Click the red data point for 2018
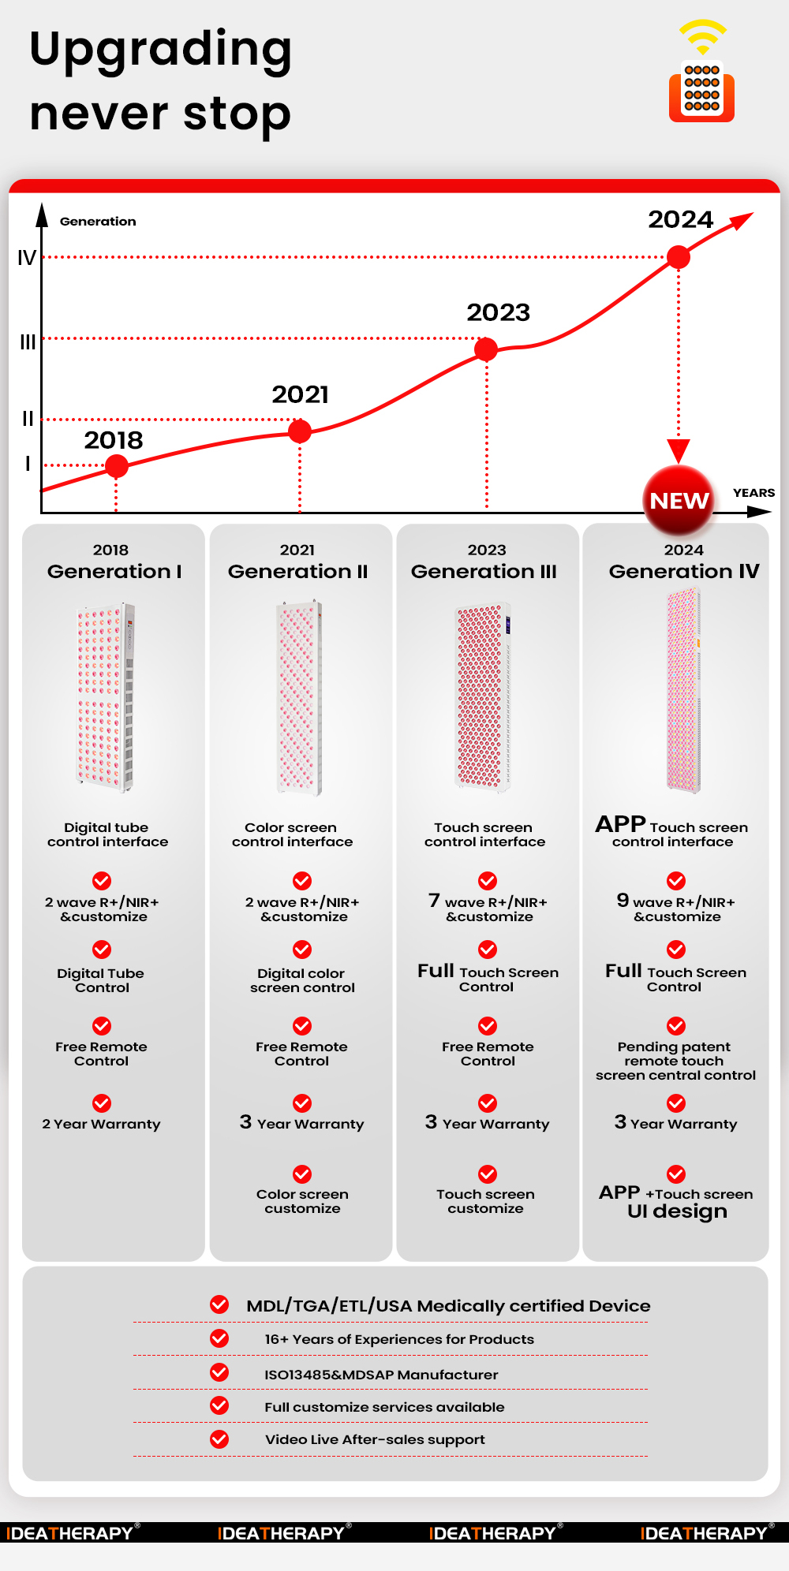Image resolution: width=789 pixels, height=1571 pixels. click(x=117, y=466)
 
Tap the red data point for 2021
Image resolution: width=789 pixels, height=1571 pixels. click(x=300, y=431)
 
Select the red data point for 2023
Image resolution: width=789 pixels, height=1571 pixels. click(x=486, y=349)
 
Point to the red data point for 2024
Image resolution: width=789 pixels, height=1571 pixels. click(x=679, y=256)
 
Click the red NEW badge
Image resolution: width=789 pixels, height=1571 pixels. click(x=679, y=500)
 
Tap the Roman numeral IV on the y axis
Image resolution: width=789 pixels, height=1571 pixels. click(x=27, y=258)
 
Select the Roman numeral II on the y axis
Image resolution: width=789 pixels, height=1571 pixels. click(x=28, y=419)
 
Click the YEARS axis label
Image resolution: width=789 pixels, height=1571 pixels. click(x=753, y=493)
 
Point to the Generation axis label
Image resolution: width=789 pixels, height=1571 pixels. click(x=98, y=222)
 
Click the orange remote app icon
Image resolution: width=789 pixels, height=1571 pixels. click(x=701, y=91)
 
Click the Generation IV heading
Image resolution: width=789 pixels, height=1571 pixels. click(x=684, y=571)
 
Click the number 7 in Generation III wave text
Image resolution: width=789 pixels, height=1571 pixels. click(x=434, y=900)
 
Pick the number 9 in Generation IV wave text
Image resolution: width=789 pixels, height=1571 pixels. click(x=623, y=900)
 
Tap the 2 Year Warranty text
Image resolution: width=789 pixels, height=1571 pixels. click(x=101, y=1124)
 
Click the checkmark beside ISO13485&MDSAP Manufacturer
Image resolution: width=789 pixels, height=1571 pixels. click(x=219, y=1372)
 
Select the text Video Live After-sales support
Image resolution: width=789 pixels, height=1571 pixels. click(x=375, y=1439)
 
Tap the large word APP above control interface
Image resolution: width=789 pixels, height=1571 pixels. click(x=621, y=824)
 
